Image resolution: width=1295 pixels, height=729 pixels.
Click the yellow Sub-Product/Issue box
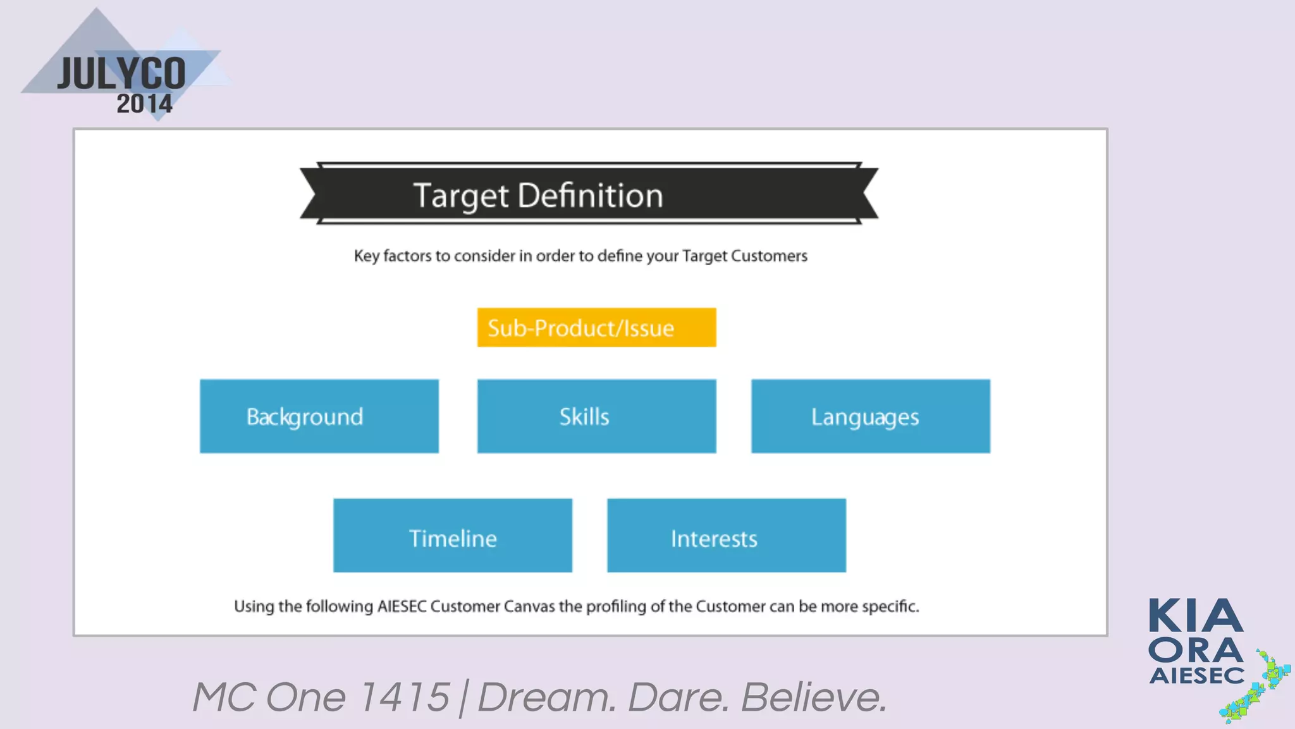(x=596, y=327)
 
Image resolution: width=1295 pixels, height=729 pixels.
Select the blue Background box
(x=319, y=416)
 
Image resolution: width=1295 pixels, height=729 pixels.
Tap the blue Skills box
(x=596, y=416)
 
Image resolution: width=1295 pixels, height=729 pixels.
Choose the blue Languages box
(x=870, y=416)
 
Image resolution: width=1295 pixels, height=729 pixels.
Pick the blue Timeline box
(x=453, y=535)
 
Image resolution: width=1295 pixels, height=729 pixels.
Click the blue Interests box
(x=726, y=535)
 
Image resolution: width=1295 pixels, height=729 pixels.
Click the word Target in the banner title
(x=461, y=196)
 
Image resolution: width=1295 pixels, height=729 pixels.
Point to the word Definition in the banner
(x=590, y=196)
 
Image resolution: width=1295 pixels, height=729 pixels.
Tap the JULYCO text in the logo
(x=122, y=74)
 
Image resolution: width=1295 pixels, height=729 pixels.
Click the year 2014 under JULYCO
(x=144, y=104)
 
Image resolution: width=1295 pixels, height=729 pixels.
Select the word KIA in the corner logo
(x=1196, y=616)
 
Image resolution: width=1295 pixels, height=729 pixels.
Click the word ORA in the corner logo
(x=1196, y=651)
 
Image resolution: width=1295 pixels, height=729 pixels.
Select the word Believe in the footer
(x=814, y=697)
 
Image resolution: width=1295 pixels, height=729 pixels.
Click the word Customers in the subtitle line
(x=769, y=256)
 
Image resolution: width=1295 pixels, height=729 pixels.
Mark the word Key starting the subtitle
(x=366, y=256)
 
